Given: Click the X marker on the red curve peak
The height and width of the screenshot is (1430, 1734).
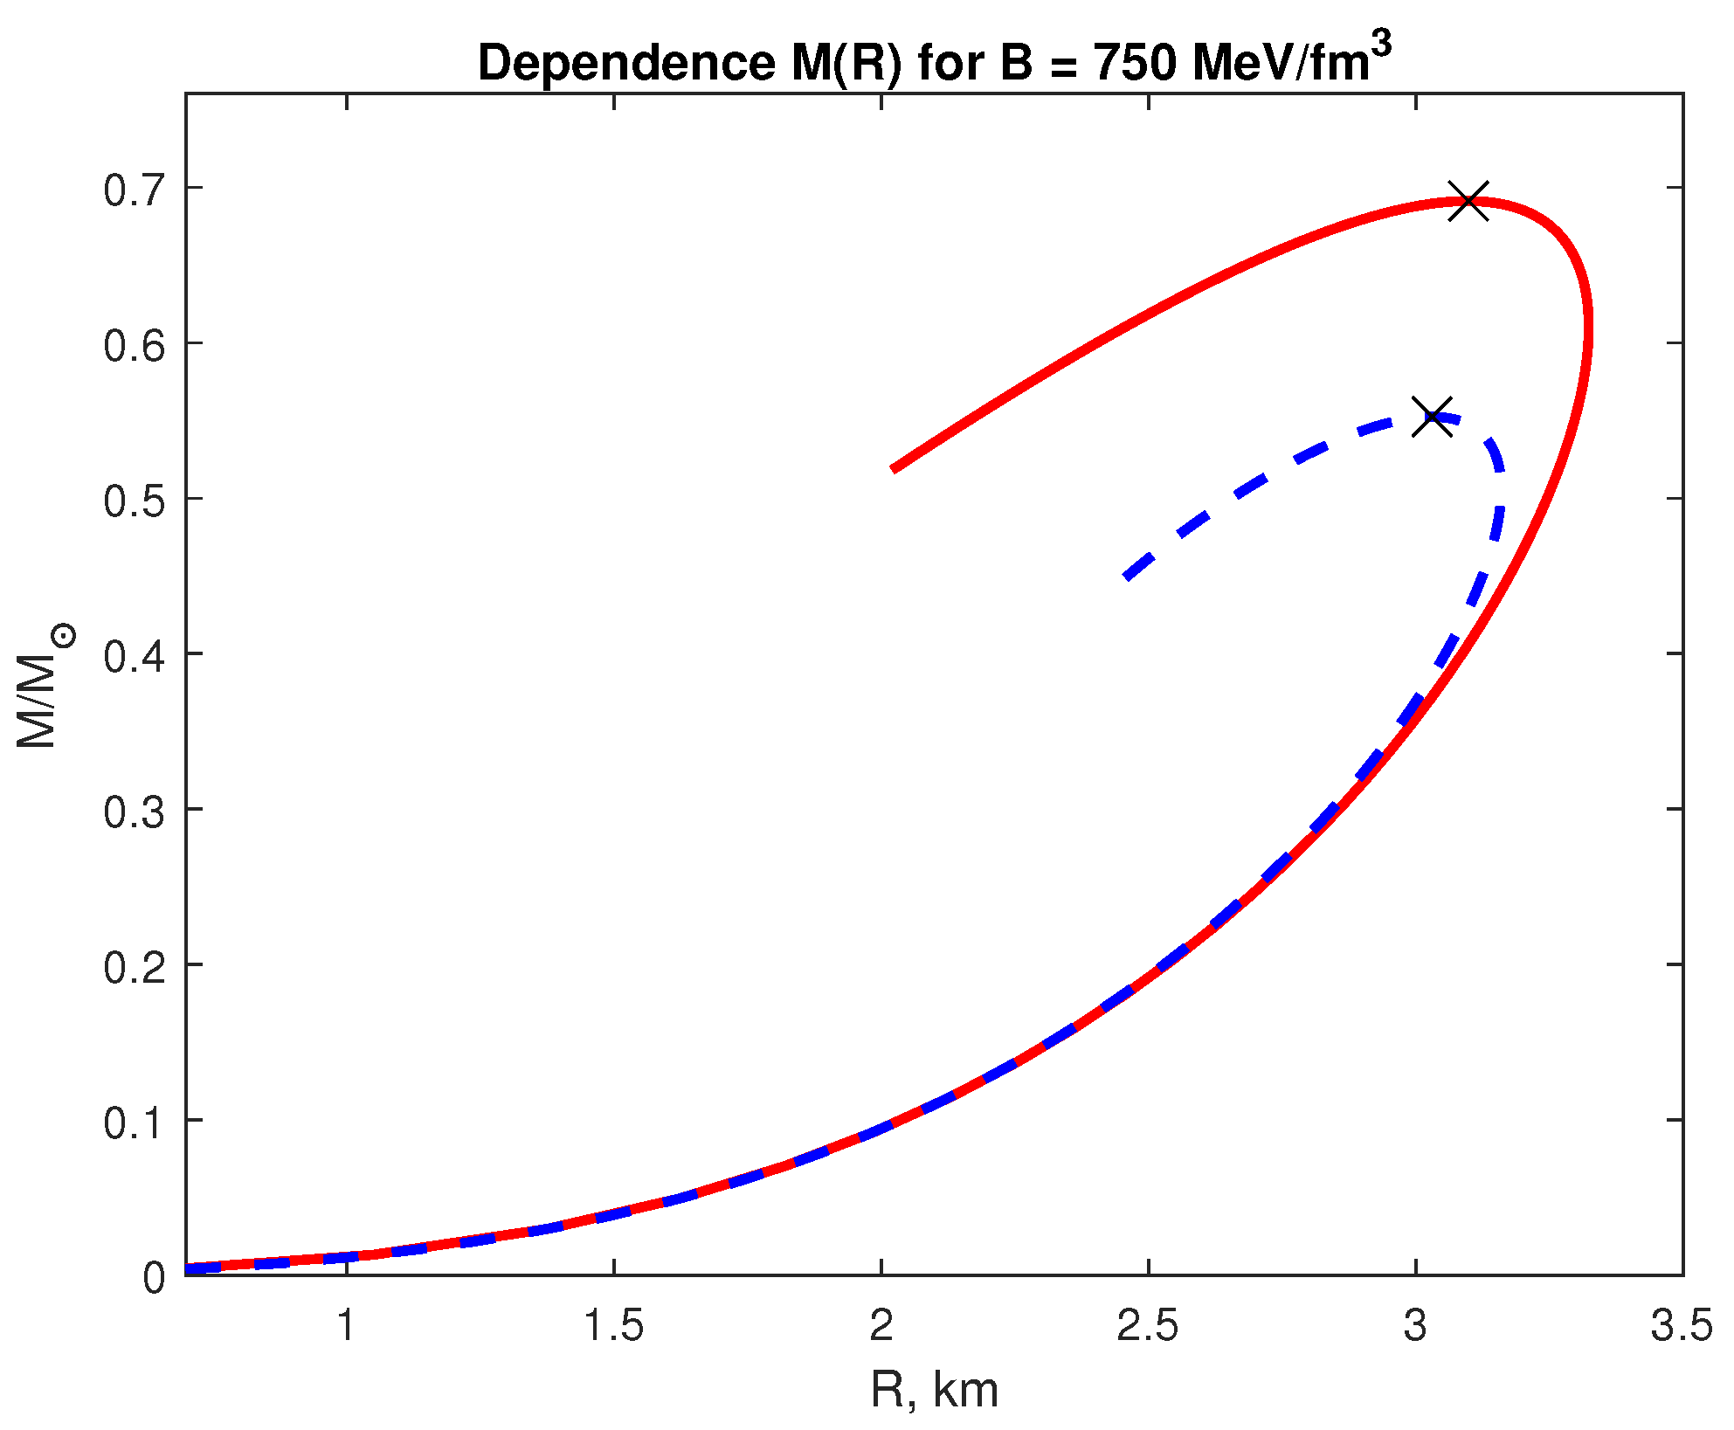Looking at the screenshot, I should coord(1468,201).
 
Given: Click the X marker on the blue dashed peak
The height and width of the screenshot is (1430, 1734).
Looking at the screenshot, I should coord(1433,417).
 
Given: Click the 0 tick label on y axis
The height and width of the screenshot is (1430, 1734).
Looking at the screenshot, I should coord(154,1278).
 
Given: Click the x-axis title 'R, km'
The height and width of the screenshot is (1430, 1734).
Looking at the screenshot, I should coord(934,1390).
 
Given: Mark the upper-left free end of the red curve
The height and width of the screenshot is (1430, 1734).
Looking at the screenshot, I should coord(893,469).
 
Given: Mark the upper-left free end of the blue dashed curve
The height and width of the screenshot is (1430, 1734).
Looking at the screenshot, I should coord(1127,577).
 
